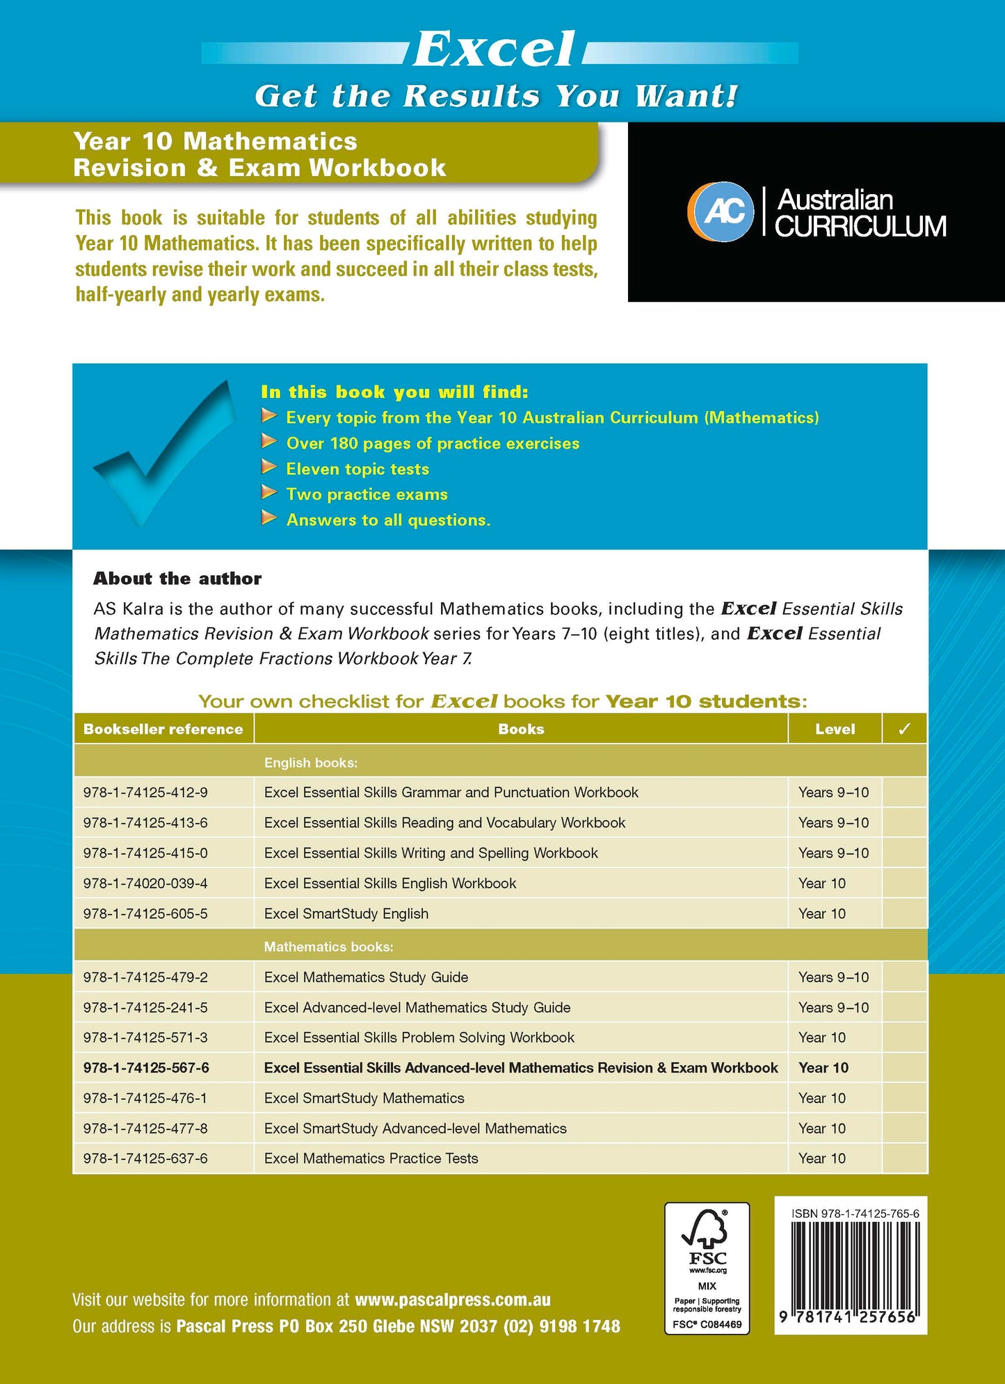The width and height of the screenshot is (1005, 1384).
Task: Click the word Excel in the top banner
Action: click(495, 49)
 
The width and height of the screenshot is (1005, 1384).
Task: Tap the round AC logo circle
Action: click(721, 211)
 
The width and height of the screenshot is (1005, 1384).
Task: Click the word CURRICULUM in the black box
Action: click(860, 227)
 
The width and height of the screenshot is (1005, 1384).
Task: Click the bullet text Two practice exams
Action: click(367, 494)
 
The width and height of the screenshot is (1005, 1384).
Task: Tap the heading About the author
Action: click(177, 579)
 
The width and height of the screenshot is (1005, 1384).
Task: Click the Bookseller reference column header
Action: click(163, 729)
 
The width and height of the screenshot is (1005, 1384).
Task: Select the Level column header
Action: click(835, 729)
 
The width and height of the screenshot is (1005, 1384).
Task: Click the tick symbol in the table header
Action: click(904, 729)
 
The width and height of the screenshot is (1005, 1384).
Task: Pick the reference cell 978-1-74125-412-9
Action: click(145, 792)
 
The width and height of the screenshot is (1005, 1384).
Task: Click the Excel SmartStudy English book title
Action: click(346, 914)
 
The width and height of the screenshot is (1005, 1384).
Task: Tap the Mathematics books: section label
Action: click(328, 947)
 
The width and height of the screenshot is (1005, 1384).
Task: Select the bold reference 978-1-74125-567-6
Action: click(146, 1068)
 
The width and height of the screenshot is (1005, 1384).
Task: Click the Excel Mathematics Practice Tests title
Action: click(371, 1159)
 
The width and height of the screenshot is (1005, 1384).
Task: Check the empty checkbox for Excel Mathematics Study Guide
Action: click(904, 977)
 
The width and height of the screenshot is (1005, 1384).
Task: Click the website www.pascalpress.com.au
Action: click(452, 1300)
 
